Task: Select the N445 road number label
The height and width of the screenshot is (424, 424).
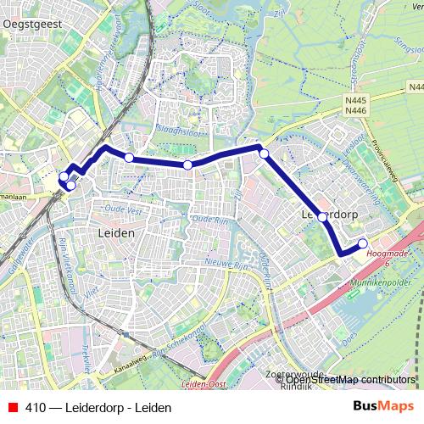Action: pos(355,99)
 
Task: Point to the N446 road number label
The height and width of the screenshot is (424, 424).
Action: pos(355,109)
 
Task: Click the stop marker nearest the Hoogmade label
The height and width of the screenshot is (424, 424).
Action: pos(363,244)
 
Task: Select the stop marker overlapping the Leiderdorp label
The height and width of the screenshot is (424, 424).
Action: pos(322,217)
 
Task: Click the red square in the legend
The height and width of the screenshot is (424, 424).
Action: pos(13,408)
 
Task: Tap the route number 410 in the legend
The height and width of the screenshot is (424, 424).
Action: pos(36,408)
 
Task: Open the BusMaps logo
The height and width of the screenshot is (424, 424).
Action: pos(383,407)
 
